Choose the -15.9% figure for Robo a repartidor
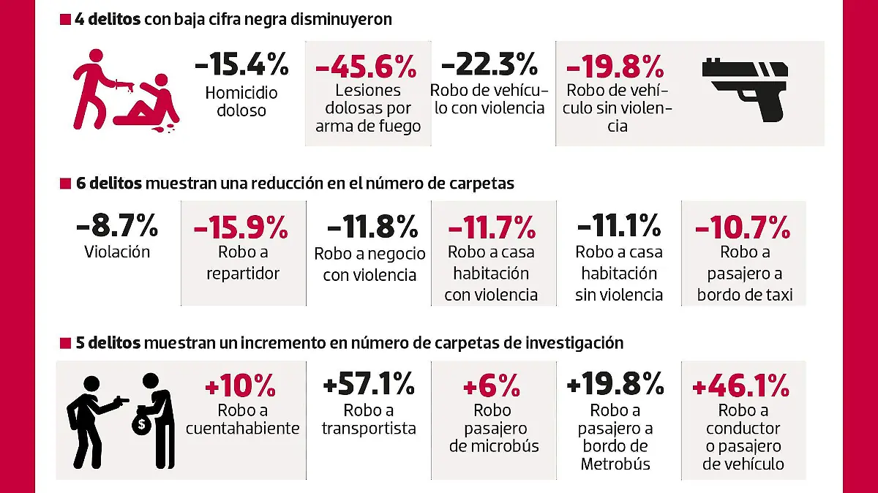(241, 228)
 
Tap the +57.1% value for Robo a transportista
(369, 383)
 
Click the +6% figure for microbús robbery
(492, 385)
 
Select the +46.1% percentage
(740, 385)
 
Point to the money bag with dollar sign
(141, 422)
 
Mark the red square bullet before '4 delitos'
(64, 20)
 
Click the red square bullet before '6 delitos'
(64, 184)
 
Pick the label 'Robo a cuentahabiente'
(242, 419)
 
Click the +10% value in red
(242, 385)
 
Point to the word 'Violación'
(117, 252)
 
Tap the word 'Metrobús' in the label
(615, 464)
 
